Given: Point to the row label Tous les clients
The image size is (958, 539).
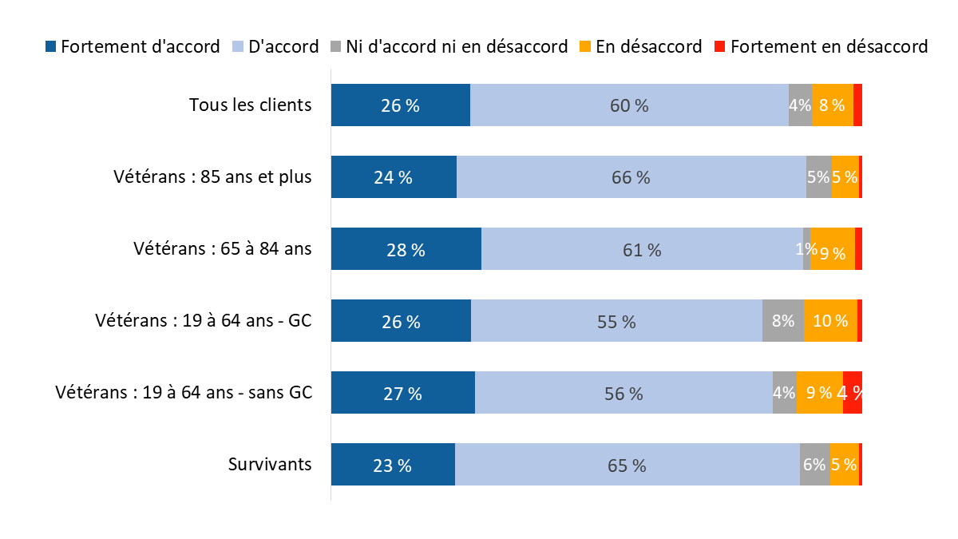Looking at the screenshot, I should click(x=250, y=105).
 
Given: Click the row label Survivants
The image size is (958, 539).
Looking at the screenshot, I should click(x=269, y=464).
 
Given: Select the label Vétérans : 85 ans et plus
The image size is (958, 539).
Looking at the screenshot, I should click(x=212, y=176).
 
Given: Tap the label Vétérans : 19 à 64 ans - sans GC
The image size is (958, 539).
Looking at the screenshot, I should click(x=184, y=392).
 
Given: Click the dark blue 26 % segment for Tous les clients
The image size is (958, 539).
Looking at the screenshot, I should click(x=400, y=105).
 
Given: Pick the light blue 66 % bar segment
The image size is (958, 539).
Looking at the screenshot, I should click(x=631, y=177).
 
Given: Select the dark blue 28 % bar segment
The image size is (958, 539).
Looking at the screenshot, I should click(x=406, y=249).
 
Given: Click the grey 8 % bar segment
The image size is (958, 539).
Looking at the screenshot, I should click(x=782, y=321).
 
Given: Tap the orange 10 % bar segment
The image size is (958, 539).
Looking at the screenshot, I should click(x=830, y=321).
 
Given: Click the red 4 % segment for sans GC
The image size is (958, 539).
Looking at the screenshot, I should click(x=852, y=393).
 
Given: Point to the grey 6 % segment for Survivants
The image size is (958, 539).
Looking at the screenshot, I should click(x=814, y=465).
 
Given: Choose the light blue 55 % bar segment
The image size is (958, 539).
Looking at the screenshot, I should click(x=616, y=321).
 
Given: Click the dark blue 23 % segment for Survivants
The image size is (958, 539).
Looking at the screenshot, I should click(x=393, y=465).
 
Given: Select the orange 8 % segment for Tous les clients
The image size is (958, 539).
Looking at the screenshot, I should click(x=832, y=105).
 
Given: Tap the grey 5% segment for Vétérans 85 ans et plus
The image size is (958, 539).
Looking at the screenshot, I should click(x=818, y=177).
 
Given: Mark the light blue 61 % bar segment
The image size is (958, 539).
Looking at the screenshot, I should click(x=642, y=249).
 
